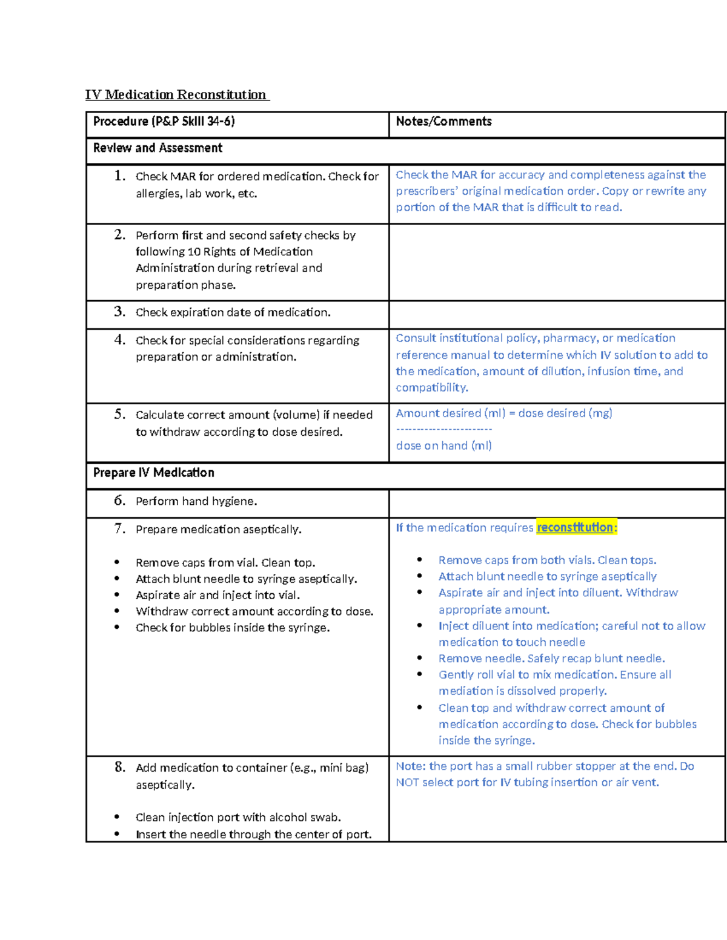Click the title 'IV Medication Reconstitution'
tap(176, 94)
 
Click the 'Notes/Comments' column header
tap(443, 122)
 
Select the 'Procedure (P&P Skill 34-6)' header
tap(164, 122)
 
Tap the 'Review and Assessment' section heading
tap(158, 148)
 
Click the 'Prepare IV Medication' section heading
tap(153, 473)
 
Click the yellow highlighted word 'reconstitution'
tap(575, 527)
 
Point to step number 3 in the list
tap(119, 312)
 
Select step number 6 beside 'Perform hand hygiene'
tap(119, 501)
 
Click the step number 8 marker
tap(120, 767)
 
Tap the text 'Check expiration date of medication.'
tap(233, 312)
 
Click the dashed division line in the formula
tap(443, 429)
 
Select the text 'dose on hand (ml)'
tap(443, 445)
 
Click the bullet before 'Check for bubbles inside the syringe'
tap(117, 628)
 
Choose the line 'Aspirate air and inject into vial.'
tap(217, 595)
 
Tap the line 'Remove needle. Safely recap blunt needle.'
tap(551, 658)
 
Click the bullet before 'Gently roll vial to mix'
tap(419, 674)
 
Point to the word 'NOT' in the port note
tap(407, 783)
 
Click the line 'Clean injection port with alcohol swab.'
tap(238, 817)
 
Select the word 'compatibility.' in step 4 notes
tap(432, 387)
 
